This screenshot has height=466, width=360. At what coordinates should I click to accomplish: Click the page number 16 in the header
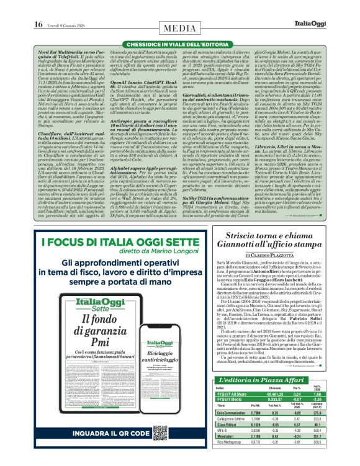tap(38, 7)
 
